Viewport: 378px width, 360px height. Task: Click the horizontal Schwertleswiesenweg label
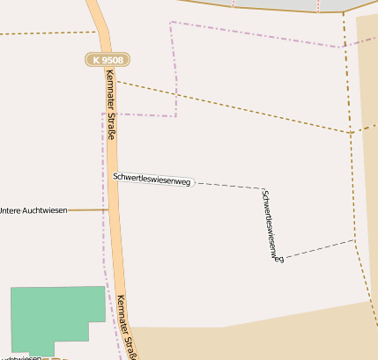(x=152, y=179)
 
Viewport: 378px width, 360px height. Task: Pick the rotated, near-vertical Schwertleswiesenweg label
(x=272, y=225)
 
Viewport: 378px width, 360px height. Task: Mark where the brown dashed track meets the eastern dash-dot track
(x=350, y=132)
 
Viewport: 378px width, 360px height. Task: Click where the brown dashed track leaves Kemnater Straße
(x=115, y=81)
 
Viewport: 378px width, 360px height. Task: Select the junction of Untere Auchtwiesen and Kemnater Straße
(x=108, y=210)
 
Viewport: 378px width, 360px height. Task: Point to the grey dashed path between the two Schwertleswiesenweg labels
(x=226, y=185)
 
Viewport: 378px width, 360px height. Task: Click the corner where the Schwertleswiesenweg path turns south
(x=262, y=187)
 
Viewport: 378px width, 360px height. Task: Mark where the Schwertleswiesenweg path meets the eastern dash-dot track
(x=354, y=240)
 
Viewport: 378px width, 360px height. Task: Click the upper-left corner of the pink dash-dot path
(x=171, y=22)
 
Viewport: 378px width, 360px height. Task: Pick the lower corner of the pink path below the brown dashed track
(x=175, y=115)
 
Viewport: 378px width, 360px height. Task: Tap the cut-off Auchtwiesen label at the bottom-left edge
(x=19, y=357)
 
